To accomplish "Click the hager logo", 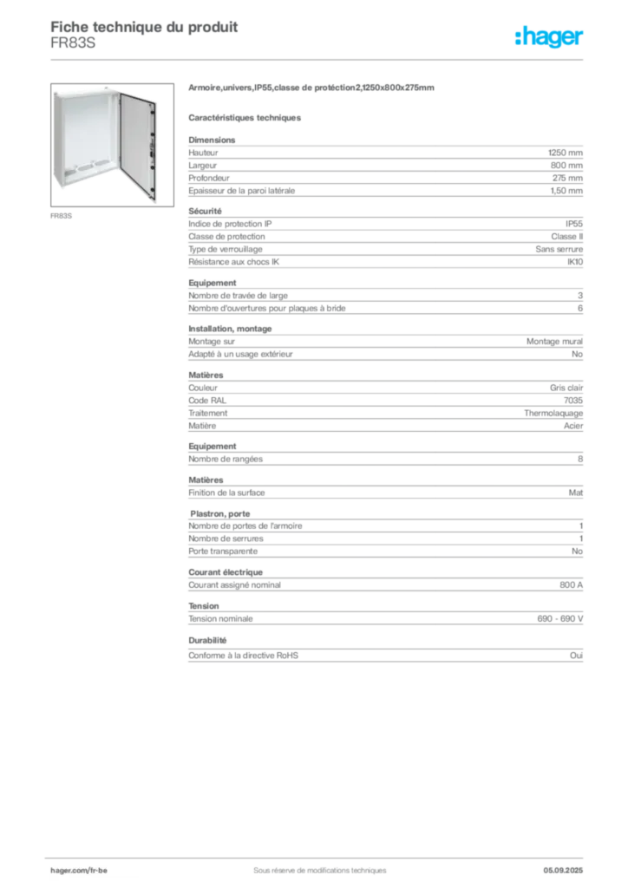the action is [x=549, y=36].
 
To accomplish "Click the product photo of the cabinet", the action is [x=112, y=145].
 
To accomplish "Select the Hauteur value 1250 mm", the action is [x=566, y=153].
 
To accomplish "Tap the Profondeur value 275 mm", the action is [x=567, y=178].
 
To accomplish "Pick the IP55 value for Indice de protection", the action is [x=574, y=224].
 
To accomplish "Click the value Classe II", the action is [x=566, y=237].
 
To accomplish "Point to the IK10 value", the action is [x=575, y=262].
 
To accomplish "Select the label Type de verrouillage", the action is [x=226, y=249].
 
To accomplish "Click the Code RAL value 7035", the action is [x=573, y=401].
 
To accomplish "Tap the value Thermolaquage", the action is [x=553, y=414].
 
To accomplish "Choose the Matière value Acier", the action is [x=573, y=426].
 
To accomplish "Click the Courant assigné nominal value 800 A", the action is [x=571, y=585].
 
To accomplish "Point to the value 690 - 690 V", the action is [x=560, y=619].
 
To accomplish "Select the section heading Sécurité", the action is [x=205, y=212].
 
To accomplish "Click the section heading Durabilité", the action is [x=207, y=641].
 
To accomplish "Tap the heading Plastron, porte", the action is [x=219, y=513].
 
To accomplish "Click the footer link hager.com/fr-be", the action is [x=79, y=871].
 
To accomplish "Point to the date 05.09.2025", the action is [x=563, y=871].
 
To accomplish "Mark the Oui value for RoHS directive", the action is [x=577, y=656].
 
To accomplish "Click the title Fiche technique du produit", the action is [x=144, y=27].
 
